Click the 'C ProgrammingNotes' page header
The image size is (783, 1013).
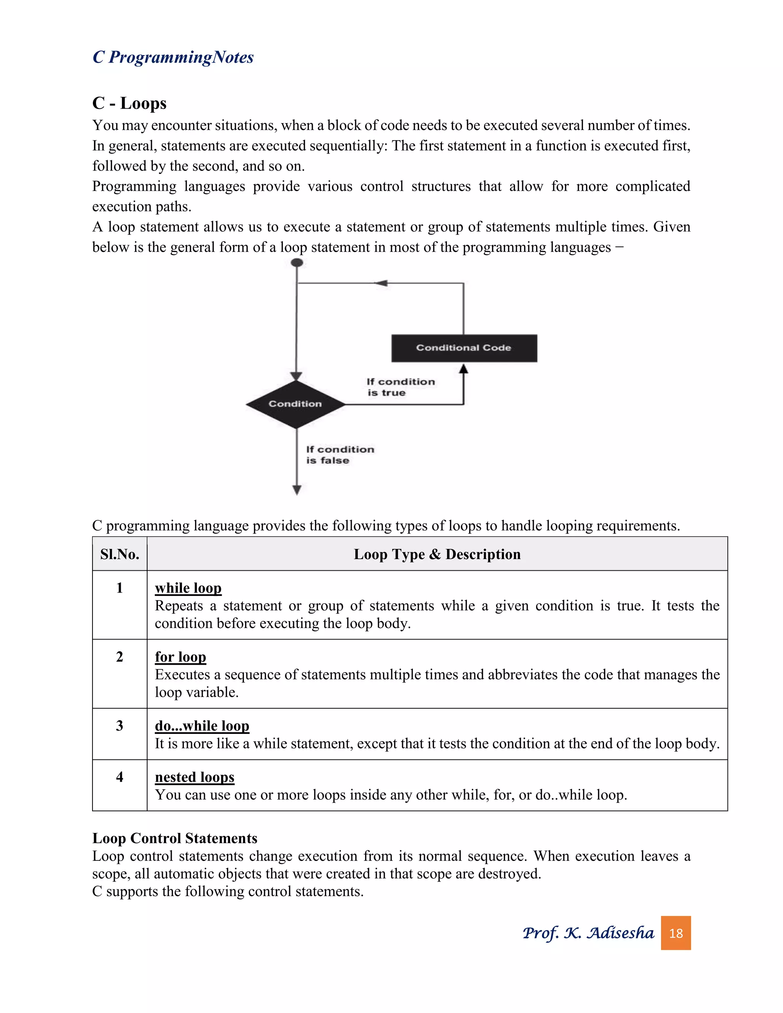point(173,57)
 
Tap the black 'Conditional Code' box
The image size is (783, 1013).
point(464,348)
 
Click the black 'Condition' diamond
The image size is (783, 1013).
point(296,404)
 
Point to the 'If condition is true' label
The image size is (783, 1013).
point(400,387)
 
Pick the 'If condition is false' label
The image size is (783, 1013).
point(340,455)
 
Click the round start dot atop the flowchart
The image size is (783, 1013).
point(297,263)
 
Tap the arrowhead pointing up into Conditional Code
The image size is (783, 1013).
point(463,369)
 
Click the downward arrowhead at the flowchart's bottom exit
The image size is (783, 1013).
point(297,490)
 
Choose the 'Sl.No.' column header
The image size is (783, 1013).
point(120,554)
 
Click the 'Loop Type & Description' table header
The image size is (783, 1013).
point(437,554)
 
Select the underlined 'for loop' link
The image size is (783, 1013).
point(180,657)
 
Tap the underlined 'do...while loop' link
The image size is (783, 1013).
point(202,726)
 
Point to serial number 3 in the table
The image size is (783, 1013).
point(120,726)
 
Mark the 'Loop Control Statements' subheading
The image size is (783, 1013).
point(174,838)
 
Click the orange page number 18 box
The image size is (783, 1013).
point(676,933)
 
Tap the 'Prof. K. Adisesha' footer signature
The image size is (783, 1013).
point(588,933)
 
